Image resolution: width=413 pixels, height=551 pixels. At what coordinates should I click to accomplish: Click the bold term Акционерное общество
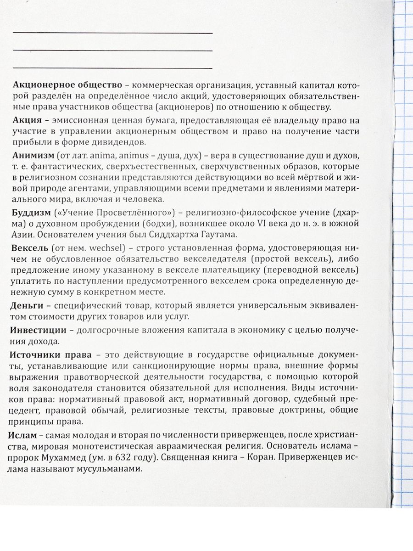[x=68, y=86]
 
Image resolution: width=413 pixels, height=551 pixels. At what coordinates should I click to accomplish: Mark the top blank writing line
[x=113, y=33]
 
